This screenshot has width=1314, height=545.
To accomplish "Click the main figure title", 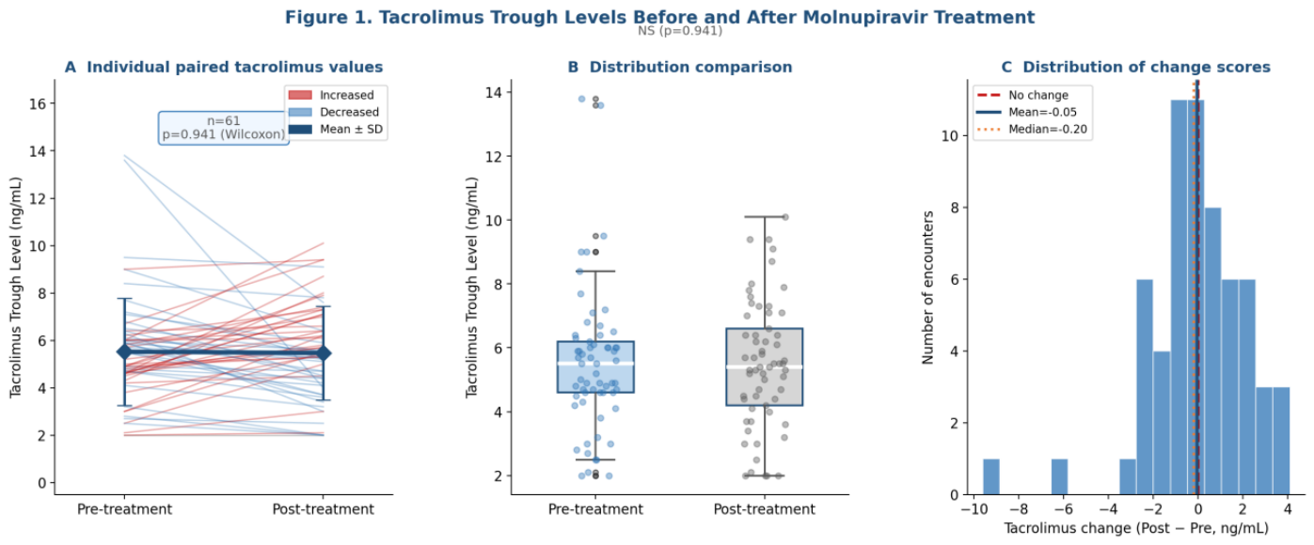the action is tap(660, 17).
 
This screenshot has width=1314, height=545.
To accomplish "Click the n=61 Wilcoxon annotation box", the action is tap(224, 128).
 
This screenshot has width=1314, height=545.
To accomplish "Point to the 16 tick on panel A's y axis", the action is tap(38, 103).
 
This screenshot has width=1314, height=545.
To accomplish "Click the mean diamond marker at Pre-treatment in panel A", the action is tap(124, 351).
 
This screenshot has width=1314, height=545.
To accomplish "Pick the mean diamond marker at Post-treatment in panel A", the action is tap(324, 352).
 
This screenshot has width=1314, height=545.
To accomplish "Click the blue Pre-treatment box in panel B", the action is tap(595, 366).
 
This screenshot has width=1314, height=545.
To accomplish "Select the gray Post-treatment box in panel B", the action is tap(765, 366).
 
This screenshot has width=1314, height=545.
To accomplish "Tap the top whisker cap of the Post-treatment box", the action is tap(765, 217).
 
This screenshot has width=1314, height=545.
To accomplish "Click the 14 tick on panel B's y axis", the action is tap(494, 93).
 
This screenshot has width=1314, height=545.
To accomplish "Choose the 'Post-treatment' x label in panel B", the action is tap(765, 509).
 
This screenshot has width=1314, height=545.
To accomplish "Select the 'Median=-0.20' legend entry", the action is tap(1032, 129).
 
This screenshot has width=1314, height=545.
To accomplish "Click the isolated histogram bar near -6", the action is tap(1059, 477).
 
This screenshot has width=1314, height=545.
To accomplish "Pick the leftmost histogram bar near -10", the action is tap(991, 477).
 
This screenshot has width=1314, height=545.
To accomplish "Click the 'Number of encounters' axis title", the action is tap(927, 288).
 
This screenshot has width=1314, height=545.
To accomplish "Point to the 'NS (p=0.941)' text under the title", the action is tap(680, 30).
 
